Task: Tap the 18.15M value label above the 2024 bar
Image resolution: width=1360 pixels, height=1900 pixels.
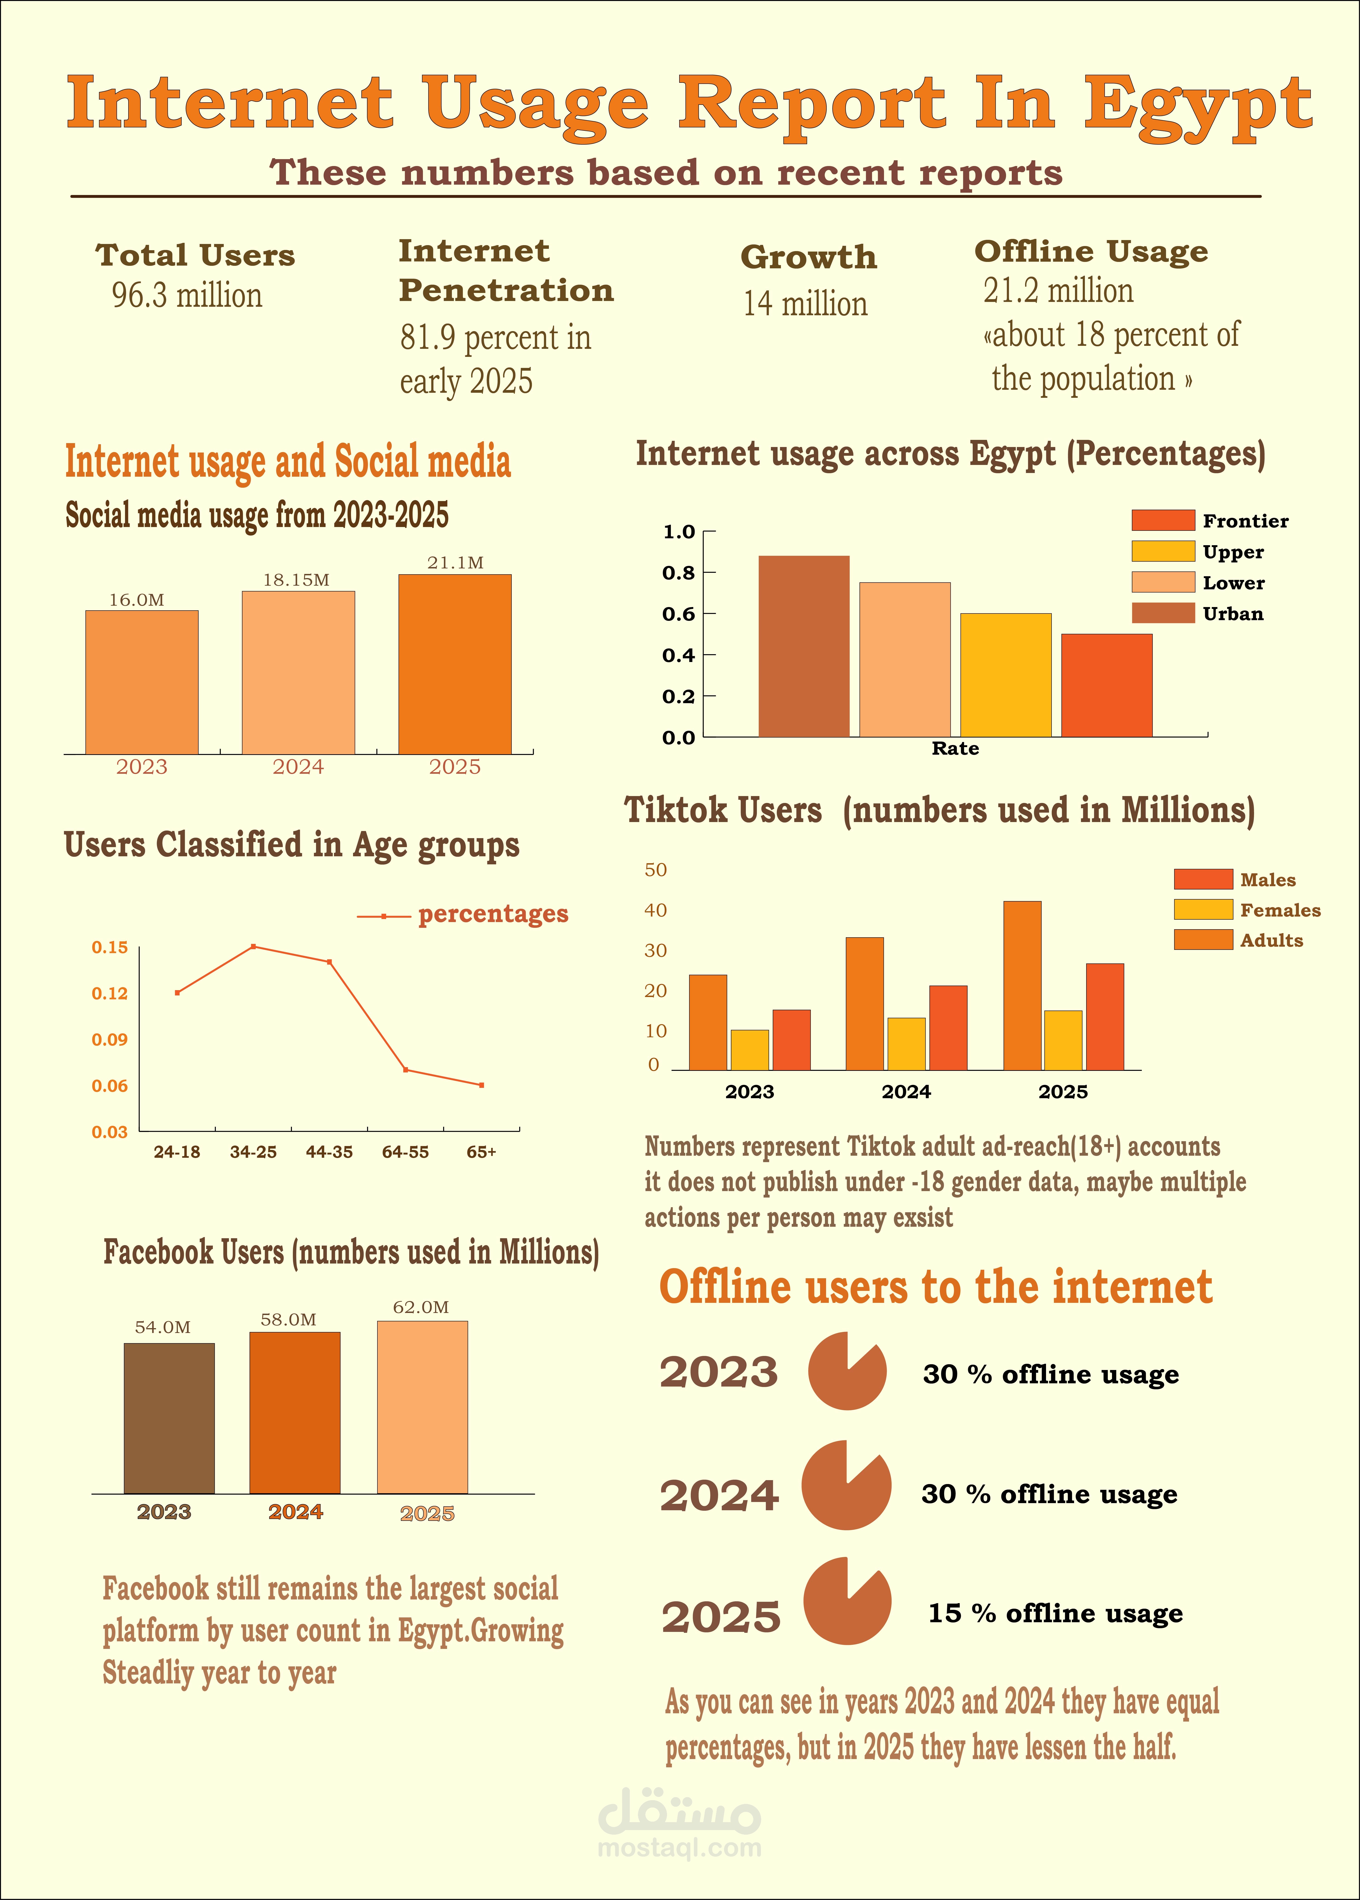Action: [x=297, y=580]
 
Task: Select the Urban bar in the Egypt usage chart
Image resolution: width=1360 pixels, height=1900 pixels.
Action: [x=804, y=646]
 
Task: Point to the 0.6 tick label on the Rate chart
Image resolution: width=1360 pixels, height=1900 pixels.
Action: [x=678, y=614]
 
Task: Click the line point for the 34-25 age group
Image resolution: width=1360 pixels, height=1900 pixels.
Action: [x=253, y=947]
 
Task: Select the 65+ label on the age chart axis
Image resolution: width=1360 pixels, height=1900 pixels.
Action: [x=482, y=1152]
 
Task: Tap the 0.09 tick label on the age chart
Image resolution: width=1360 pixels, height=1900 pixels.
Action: [x=110, y=1040]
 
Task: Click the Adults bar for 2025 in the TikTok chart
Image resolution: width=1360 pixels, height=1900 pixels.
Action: [x=1022, y=985]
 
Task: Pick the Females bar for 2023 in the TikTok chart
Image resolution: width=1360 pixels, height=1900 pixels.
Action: [x=750, y=1050]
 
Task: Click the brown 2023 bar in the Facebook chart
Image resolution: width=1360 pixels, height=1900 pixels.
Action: [x=169, y=1418]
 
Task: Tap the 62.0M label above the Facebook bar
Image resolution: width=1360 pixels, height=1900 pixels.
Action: [x=421, y=1307]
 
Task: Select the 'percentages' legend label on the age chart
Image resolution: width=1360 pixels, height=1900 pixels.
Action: [x=493, y=914]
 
